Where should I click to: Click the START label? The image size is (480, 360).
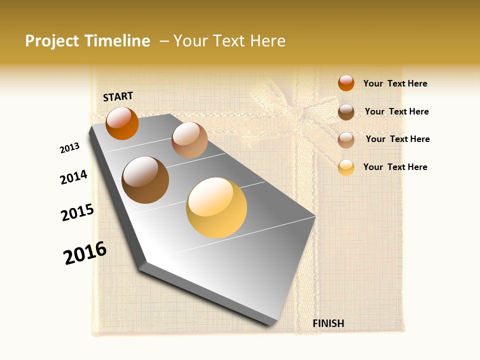pos(118,96)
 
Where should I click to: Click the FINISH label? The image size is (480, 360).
pos(328,323)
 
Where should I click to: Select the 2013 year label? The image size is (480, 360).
pos(69,148)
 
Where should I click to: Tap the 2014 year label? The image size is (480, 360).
pos(73,177)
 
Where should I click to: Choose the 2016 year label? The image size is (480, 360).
pos(85,253)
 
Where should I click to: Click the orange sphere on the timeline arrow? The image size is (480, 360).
pos(122,123)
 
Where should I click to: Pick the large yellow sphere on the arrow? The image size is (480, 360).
pos(216,207)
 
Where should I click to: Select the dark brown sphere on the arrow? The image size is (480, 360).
pos(145,180)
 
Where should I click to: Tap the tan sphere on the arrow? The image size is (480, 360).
pos(189,140)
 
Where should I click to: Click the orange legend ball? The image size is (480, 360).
pos(346,83)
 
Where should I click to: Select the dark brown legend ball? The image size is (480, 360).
pos(346,112)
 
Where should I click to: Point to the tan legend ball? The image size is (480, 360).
pos(346,140)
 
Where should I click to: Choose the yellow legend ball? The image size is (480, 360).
pos(346,167)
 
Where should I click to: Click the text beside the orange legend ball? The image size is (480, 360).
pos(395,84)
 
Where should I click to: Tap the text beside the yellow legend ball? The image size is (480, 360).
pos(395,167)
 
